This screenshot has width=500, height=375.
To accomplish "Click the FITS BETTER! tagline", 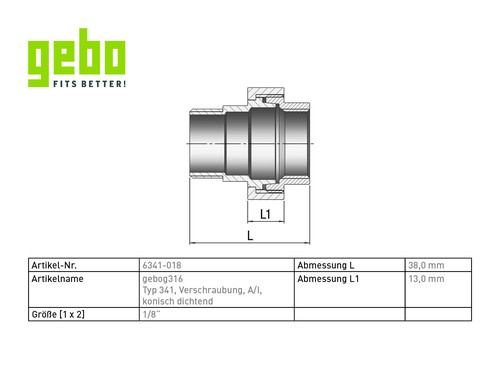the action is point(90,84).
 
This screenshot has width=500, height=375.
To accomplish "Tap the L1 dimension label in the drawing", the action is point(265,214).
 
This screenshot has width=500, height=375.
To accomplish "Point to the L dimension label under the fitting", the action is point(250,236).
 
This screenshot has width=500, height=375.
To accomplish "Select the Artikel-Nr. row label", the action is point(54,265).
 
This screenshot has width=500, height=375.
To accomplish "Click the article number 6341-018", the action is point(162,265).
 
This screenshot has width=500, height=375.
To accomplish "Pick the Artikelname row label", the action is point(57,279).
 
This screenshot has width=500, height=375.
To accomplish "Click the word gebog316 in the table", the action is point(163,279).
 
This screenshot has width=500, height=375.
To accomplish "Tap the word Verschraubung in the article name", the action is point(211,290).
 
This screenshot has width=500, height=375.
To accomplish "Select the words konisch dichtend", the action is point(178,301).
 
